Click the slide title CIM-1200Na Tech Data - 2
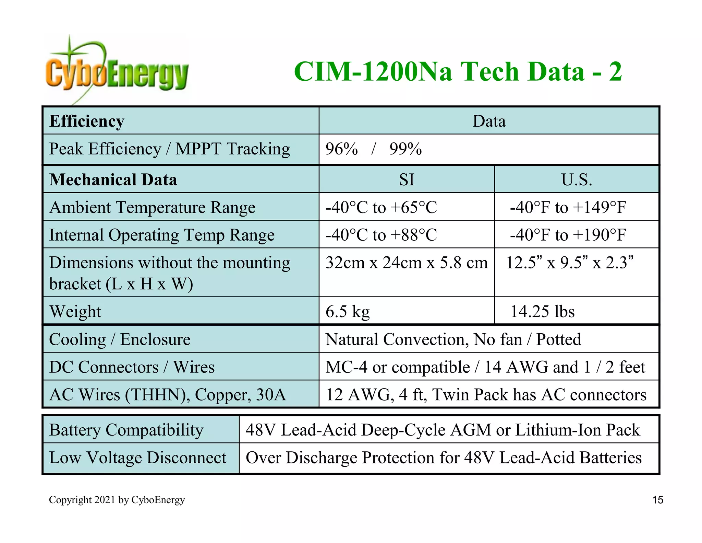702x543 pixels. (458, 72)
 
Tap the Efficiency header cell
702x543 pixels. (87, 121)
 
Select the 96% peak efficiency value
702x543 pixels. (341, 149)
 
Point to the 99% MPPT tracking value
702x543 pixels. (406, 149)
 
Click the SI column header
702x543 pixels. (407, 180)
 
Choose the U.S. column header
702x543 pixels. (577, 180)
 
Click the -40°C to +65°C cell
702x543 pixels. (381, 207)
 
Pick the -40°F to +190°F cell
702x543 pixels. (568, 235)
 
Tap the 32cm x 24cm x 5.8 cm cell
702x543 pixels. (407, 263)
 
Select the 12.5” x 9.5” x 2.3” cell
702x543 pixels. (569, 263)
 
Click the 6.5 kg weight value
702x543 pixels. (348, 312)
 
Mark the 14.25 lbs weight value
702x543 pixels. (542, 312)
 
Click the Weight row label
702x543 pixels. (75, 312)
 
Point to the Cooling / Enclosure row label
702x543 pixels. (120, 339)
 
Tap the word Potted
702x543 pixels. (559, 339)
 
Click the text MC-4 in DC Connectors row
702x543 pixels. (347, 367)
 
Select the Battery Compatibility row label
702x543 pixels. (126, 430)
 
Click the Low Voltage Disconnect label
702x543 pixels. (137, 458)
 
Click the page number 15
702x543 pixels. (657, 500)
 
